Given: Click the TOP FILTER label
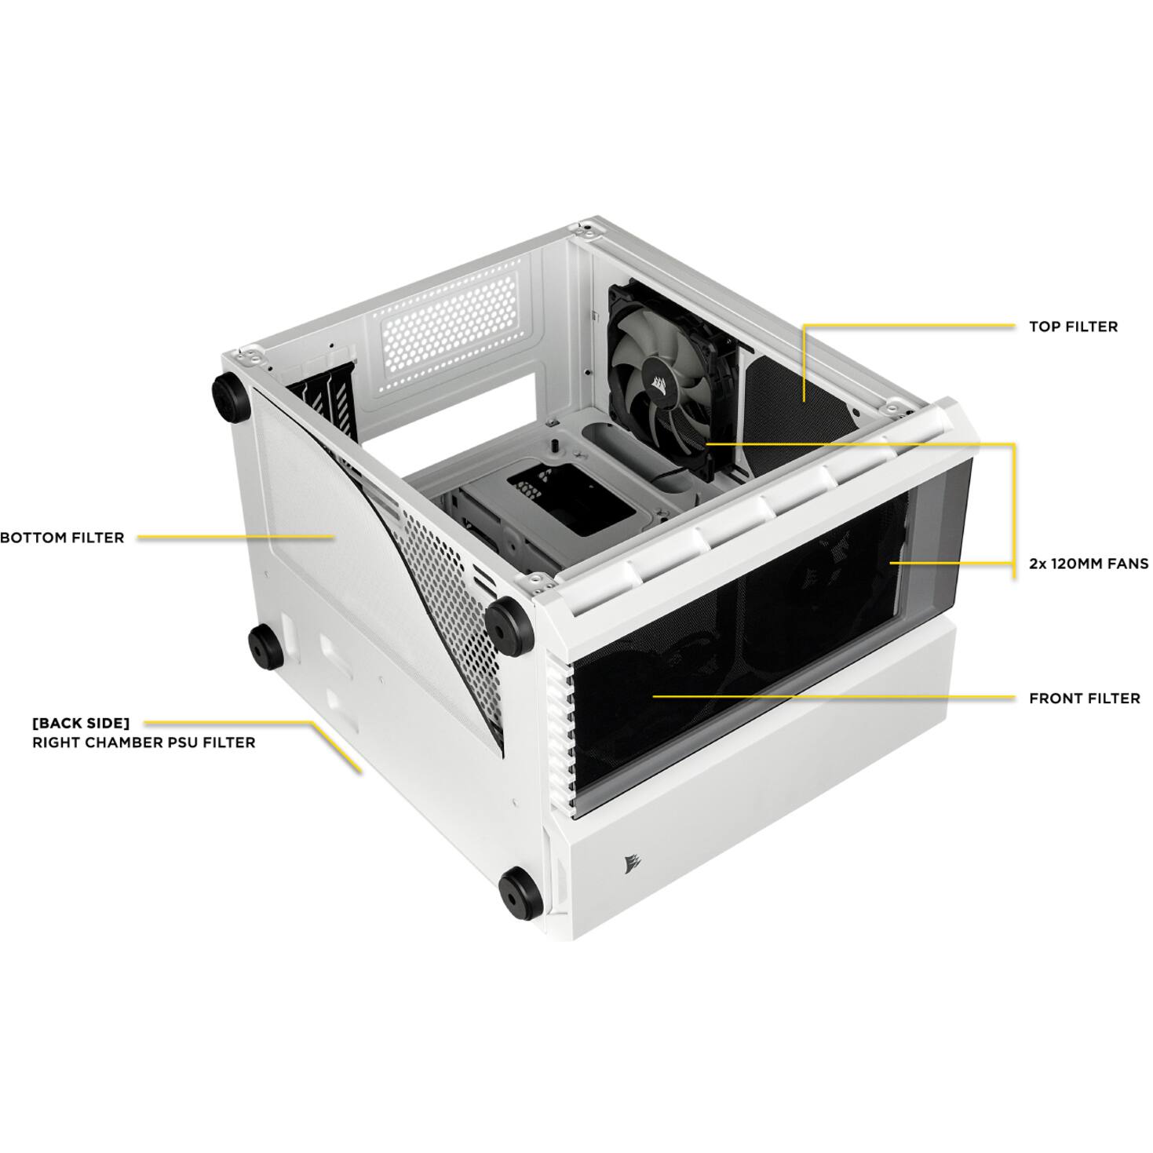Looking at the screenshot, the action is click(x=1073, y=327).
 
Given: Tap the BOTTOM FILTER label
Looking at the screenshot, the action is click(x=62, y=538).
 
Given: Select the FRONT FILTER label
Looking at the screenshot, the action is click(x=1084, y=699).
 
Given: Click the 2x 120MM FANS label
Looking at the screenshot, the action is click(x=1089, y=564).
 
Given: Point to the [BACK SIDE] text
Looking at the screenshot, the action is click(x=81, y=723).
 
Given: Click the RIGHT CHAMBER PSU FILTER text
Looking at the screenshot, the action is click(x=144, y=743).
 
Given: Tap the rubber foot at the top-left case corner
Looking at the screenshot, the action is click(x=229, y=396).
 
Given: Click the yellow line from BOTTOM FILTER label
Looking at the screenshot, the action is click(x=235, y=538).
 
